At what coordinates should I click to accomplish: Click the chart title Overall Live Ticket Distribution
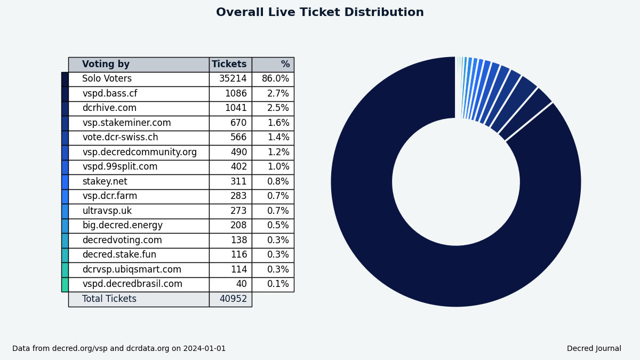pos(320,12)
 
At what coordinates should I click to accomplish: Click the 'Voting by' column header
pos(106,65)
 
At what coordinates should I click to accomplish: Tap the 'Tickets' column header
pos(229,65)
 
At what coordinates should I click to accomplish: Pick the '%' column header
pos(285,65)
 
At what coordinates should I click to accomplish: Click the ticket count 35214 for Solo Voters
pos(233,79)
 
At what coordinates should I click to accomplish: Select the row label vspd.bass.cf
pos(109,94)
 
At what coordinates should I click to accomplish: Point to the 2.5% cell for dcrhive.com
pos(278,108)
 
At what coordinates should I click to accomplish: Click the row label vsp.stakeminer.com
pos(126,123)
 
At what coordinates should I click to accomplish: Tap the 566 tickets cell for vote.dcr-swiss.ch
pos(238,138)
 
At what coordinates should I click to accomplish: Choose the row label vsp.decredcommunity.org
pos(139,153)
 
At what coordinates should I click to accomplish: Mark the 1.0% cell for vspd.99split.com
pos(278,167)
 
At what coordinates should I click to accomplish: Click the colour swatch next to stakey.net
pos(65,182)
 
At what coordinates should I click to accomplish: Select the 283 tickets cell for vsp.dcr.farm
pos(238,196)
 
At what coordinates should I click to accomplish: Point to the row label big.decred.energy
pos(122,226)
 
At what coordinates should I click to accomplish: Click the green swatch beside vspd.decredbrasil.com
pos(65,284)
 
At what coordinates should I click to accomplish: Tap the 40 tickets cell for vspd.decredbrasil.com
pos(241,284)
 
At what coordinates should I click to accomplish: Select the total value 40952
pos(233,299)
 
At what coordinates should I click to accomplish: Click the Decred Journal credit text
pos(594,349)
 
